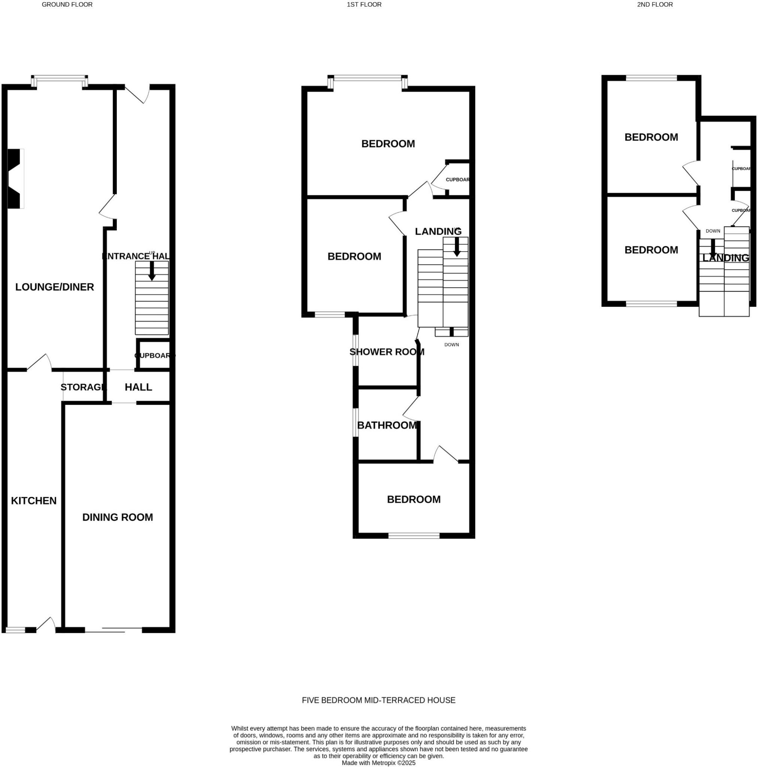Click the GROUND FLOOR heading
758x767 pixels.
pos(67,5)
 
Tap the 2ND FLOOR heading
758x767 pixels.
pos(655,5)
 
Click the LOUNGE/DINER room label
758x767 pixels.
pos(54,287)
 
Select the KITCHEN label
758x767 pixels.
pos(34,501)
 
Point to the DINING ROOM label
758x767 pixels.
pos(118,517)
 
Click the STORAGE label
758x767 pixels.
pos(84,387)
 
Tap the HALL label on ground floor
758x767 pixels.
pos(138,387)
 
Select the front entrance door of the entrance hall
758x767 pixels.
pos(137,94)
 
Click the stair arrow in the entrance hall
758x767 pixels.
pos(152,271)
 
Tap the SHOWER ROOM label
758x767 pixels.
pos(387,352)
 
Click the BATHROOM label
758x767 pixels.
pos(387,425)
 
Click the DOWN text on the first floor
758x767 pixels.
pos(451,345)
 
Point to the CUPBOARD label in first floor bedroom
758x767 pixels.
pos(457,179)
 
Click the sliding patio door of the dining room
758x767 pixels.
pos(113,630)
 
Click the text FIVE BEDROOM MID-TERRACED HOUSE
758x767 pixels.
pos(378,700)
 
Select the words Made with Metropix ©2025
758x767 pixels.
pos(378,763)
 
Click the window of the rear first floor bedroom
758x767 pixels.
pos(413,536)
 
